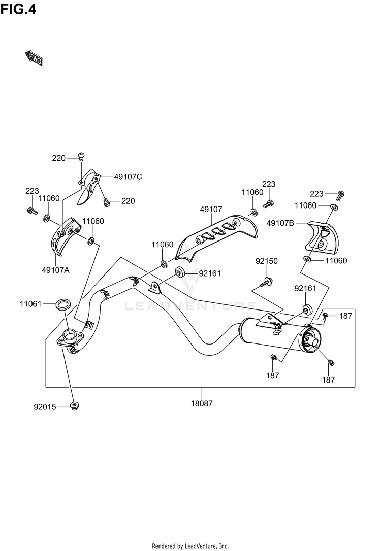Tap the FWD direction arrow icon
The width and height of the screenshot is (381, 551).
[35, 58]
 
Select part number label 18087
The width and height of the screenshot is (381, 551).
[202, 404]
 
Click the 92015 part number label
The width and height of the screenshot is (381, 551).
[44, 406]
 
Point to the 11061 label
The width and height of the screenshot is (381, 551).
[30, 304]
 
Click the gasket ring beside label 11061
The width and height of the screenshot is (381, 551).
[63, 305]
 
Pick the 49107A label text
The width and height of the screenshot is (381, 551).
[56, 269]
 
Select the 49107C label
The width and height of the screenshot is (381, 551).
[128, 177]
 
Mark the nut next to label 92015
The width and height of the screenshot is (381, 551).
[74, 406]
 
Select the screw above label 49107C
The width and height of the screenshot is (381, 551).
[81, 155]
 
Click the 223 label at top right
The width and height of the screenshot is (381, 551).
[316, 193]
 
